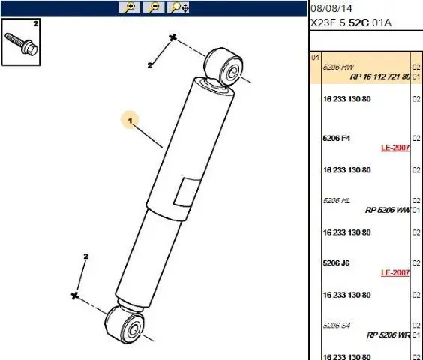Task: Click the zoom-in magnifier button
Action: [x=129, y=7]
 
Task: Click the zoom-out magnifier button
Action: [x=154, y=7]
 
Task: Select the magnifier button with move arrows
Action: [x=178, y=7]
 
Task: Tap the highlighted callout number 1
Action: [x=130, y=120]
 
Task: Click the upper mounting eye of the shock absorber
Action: [x=224, y=67]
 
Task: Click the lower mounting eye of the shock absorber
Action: [x=125, y=324]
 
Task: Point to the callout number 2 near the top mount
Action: [x=150, y=65]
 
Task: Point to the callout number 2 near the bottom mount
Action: [x=86, y=256]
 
